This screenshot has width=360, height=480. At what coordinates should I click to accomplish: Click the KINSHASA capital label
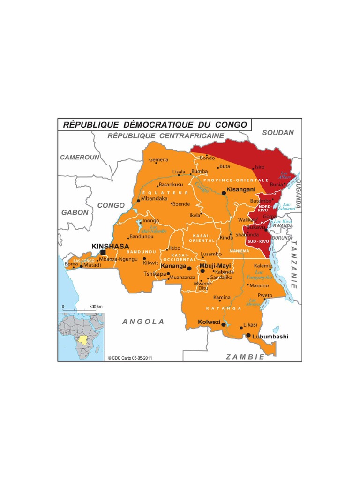click(110, 246)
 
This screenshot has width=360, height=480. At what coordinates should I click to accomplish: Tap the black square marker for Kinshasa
click(103, 253)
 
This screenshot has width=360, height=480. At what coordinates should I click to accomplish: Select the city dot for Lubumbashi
click(248, 335)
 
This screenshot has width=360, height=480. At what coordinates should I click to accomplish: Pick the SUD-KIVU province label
click(258, 241)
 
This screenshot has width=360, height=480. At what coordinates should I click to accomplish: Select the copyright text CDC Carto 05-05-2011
click(130, 357)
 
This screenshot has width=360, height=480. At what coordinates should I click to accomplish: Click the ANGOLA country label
click(143, 322)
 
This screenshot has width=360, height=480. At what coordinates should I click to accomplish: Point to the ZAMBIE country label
click(245, 357)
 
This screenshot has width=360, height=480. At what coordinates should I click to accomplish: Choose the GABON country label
click(75, 212)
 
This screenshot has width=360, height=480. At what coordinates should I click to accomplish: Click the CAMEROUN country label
click(80, 157)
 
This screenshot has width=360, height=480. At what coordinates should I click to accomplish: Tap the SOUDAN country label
click(278, 133)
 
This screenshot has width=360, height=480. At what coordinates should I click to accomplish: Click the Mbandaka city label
click(154, 198)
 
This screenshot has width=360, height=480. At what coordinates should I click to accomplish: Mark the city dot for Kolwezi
click(224, 324)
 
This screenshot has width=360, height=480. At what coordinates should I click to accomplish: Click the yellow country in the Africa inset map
click(83, 338)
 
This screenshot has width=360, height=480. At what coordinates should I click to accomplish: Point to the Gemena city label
click(158, 160)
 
